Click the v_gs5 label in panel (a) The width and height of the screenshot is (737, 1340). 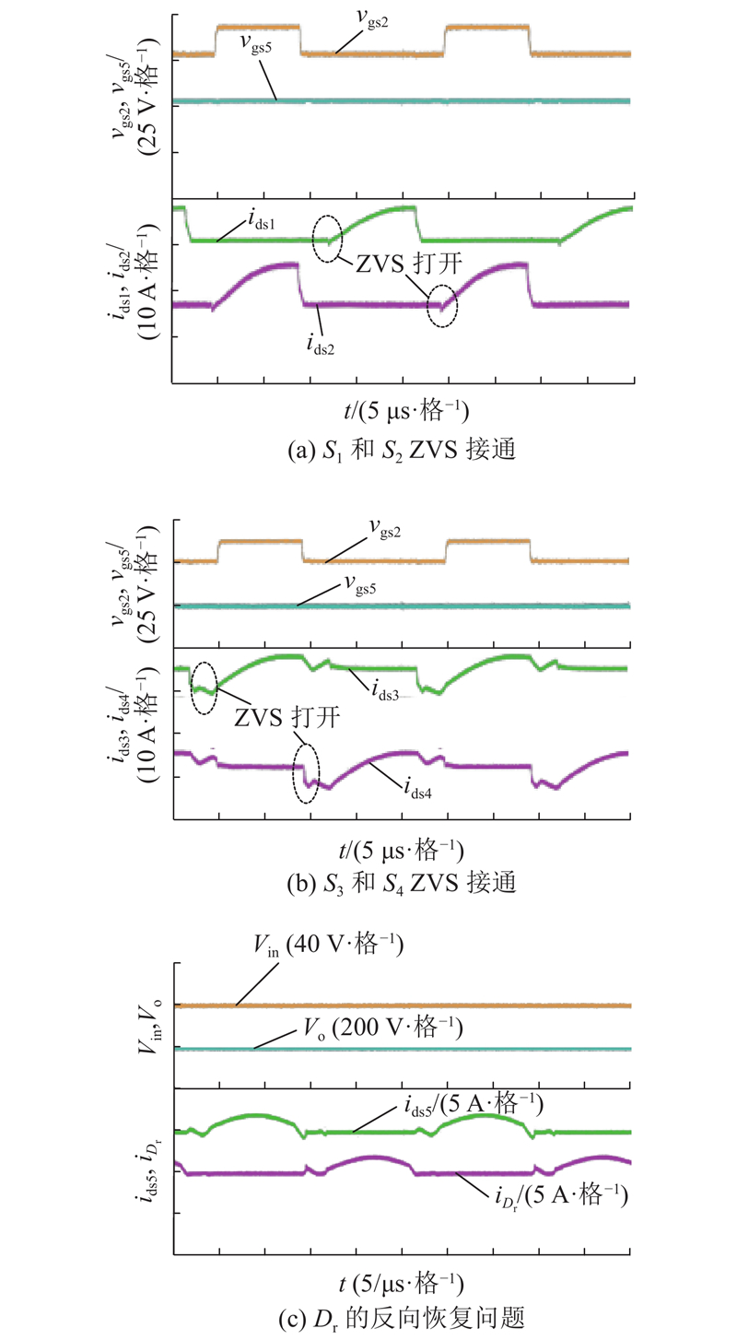[255, 44]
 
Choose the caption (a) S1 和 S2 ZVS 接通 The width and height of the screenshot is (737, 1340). [402, 450]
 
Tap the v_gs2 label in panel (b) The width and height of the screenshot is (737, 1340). [385, 529]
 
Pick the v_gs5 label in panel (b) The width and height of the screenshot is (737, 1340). [359, 584]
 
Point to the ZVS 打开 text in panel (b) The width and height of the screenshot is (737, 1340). [287, 717]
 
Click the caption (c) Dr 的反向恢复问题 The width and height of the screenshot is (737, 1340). [402, 1318]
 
